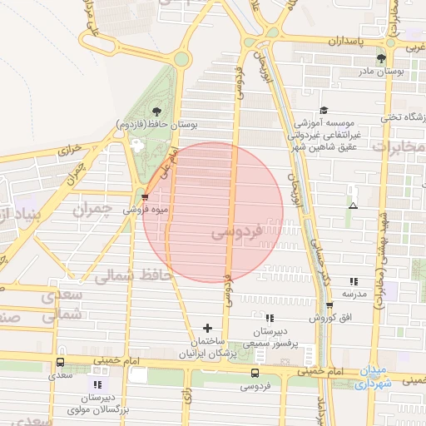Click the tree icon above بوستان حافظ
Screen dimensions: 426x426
click(x=156, y=111)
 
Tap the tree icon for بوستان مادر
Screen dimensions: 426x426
click(x=381, y=58)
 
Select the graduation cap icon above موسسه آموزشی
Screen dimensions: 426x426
click(x=324, y=110)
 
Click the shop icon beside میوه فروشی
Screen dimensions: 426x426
click(x=146, y=197)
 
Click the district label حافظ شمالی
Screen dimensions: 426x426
click(x=133, y=274)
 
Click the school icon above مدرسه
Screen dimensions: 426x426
click(x=353, y=282)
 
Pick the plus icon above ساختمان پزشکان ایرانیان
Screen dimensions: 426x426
click(x=208, y=328)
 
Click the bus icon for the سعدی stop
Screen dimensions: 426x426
click(x=60, y=363)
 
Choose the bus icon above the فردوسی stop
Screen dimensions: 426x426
click(x=255, y=374)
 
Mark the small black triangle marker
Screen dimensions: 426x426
click(x=354, y=206)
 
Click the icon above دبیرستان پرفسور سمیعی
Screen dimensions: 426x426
click(x=268, y=318)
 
